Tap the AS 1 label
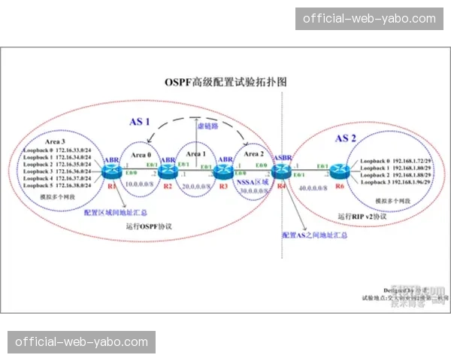[141, 121]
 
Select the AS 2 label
[347, 138]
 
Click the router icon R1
[112, 171]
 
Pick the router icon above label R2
[166, 171]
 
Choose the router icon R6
[340, 171]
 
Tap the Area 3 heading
[54, 141]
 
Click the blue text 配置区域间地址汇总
[117, 212]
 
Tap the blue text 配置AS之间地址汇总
[314, 235]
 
